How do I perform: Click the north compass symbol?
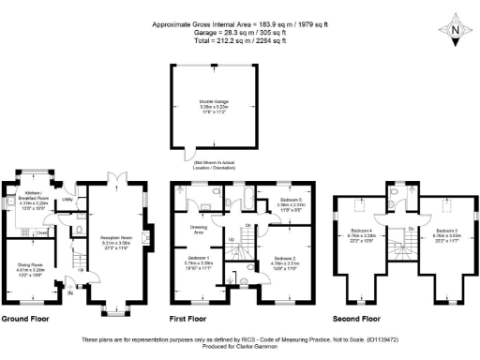[x=454, y=31]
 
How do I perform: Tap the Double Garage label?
[x=215, y=102]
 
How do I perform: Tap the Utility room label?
[x=67, y=201]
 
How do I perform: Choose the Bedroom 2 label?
[x=286, y=260]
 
